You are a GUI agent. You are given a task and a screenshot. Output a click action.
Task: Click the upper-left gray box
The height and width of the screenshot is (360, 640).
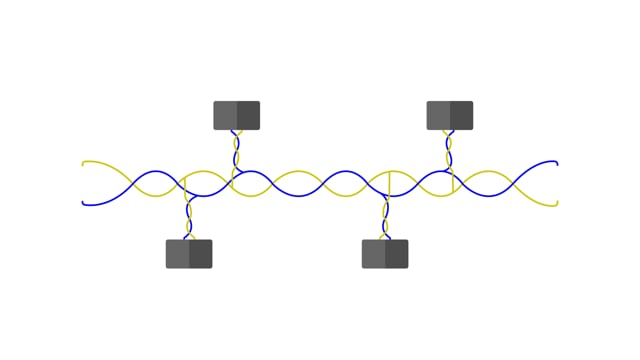point(237,115)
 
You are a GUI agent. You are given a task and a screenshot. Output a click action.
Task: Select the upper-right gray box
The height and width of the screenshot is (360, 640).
point(450,115)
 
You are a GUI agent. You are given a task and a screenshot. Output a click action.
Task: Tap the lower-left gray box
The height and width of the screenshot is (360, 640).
point(189,254)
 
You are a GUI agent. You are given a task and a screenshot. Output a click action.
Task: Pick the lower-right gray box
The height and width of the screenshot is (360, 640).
point(385,254)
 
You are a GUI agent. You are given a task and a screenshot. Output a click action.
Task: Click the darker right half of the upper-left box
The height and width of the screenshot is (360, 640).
point(248,115)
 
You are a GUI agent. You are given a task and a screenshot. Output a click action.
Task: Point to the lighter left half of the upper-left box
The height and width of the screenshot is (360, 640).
point(225,115)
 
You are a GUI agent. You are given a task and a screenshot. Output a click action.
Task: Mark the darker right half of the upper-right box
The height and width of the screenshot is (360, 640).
point(461,115)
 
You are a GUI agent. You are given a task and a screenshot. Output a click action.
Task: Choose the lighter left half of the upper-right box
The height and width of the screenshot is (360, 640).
point(438,115)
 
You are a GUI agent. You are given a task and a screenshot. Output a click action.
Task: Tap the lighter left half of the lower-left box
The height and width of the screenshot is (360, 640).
point(177,254)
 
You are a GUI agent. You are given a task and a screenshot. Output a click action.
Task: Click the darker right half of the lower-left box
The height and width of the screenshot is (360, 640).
point(201,254)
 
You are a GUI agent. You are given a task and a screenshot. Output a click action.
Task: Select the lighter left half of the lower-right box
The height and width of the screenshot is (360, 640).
point(373,254)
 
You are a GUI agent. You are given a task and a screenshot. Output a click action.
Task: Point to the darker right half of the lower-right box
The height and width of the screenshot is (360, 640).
point(397,254)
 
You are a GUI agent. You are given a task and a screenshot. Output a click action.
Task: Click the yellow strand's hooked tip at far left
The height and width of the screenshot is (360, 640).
point(84,163)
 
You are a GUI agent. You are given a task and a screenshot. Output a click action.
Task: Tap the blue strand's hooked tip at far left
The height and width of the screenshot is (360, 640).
point(84,203)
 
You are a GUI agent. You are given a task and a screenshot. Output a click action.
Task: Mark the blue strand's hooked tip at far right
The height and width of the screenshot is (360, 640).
point(555,162)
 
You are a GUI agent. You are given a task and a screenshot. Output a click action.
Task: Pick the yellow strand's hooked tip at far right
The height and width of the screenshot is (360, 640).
point(555,204)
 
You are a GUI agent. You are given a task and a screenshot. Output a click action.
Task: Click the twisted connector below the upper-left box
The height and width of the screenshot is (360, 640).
point(237,150)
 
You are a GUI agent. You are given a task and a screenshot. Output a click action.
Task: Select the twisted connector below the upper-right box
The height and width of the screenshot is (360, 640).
point(449,150)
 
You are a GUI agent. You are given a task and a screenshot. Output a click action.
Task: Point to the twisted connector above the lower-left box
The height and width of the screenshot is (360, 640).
point(188,218)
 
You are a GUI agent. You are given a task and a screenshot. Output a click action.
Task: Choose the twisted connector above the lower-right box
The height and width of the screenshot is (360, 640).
point(385,218)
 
